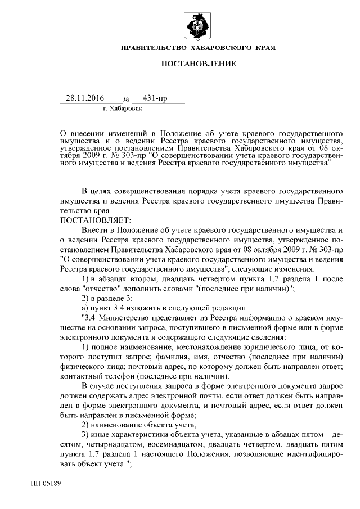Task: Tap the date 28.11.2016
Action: (85, 98)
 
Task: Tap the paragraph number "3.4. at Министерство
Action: (91, 317)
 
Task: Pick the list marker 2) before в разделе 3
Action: (86, 297)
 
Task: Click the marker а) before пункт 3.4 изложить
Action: (85, 307)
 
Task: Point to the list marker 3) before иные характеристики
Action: (86, 435)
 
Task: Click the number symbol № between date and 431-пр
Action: (125, 99)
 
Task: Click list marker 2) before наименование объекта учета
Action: (86, 425)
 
